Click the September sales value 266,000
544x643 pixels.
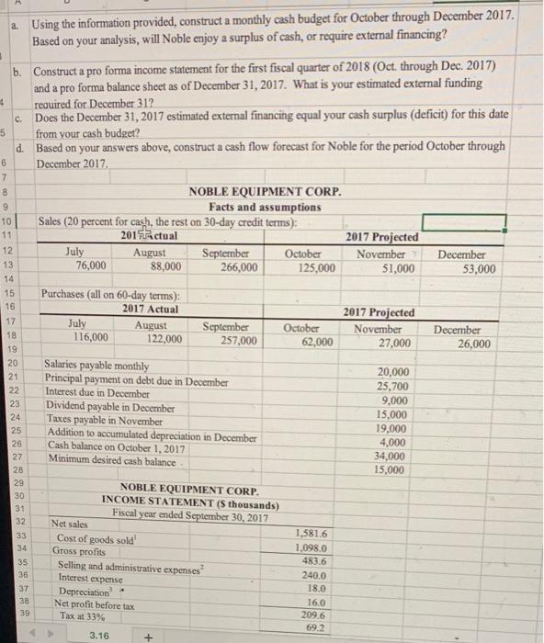pyautogui.click(x=237, y=268)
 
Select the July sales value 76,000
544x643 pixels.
pyautogui.click(x=90, y=267)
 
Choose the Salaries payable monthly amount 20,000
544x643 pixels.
pyautogui.click(x=394, y=370)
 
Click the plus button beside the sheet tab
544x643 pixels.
pyautogui.click(x=145, y=634)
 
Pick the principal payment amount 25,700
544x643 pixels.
pyautogui.click(x=392, y=385)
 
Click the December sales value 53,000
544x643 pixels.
pyautogui.click(x=477, y=268)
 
